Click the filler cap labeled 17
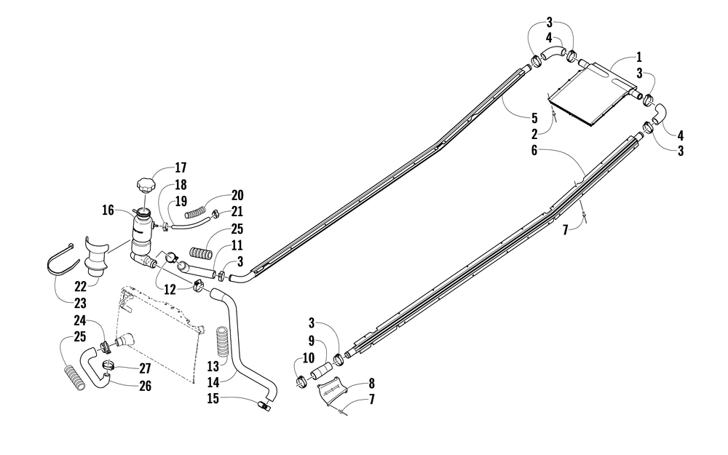pyautogui.click(x=145, y=186)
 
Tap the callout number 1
pyautogui.click(x=639, y=57)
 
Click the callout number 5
pyautogui.click(x=534, y=118)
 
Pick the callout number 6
pyautogui.click(x=534, y=151)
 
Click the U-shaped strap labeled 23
pyautogui.click(x=62, y=260)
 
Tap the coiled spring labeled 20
pyautogui.click(x=197, y=214)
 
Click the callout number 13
pyautogui.click(x=213, y=367)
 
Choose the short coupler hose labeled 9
pyautogui.click(x=323, y=371)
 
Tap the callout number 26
pyautogui.click(x=146, y=386)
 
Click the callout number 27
pyautogui.click(x=146, y=368)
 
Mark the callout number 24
pyautogui.click(x=80, y=320)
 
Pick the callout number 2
pyautogui.click(x=534, y=135)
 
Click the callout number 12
pyautogui.click(x=170, y=290)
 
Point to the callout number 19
pyautogui.click(x=181, y=201)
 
